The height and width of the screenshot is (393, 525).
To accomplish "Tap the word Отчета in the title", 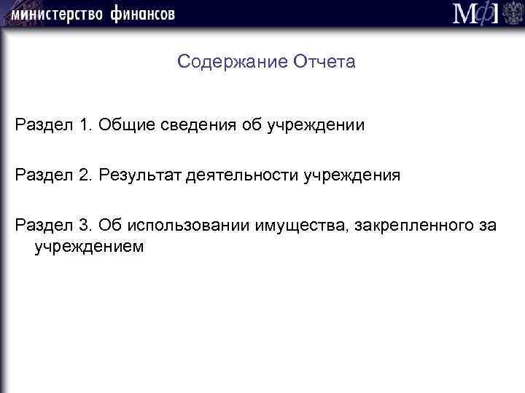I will click(324, 62).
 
